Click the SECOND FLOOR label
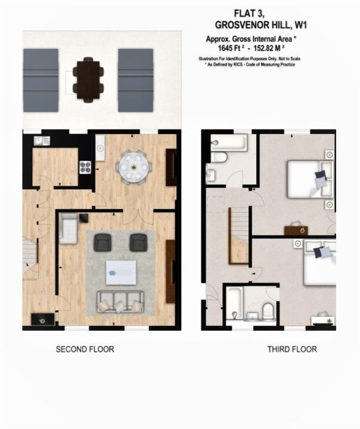(85, 349)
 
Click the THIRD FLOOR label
(292, 349)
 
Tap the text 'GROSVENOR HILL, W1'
(261, 25)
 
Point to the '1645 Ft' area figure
(231, 48)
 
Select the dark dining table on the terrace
(88, 80)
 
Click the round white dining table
(134, 167)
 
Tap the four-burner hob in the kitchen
(85, 167)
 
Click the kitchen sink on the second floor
(42, 141)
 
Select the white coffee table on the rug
(121, 272)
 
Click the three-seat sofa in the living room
(120, 301)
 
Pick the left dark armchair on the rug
(103, 243)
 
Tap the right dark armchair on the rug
(139, 243)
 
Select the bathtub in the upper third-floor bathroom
(229, 142)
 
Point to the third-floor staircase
(239, 235)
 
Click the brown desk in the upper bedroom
(296, 231)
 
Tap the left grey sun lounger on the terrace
(41, 80)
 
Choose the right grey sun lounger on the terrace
(135, 80)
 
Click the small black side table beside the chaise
(84, 218)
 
